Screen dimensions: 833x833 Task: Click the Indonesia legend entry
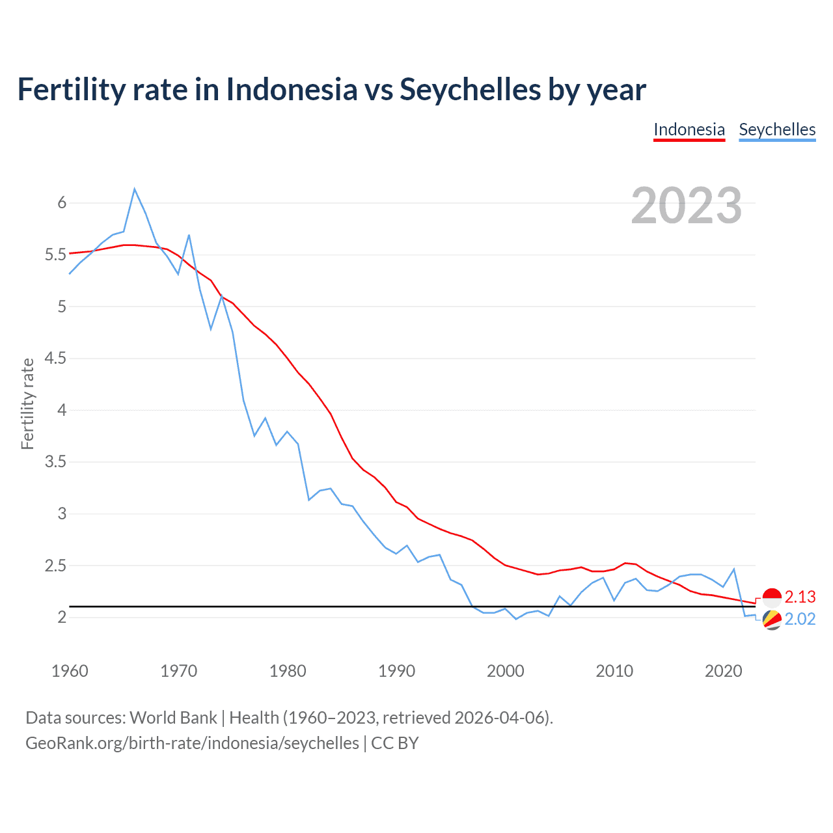(689, 130)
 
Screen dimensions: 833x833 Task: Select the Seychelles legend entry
(777, 130)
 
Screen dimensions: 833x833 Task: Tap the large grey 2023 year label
(687, 206)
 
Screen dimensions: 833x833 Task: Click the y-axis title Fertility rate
(27, 403)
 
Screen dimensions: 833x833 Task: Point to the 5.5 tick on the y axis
(55, 254)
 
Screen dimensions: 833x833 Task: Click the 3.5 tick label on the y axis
(55, 462)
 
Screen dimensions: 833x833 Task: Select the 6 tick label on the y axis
(62, 202)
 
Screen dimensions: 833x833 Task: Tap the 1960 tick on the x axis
(70, 671)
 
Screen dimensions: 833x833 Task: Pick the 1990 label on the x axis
(396, 671)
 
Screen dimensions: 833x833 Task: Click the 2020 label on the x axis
(723, 671)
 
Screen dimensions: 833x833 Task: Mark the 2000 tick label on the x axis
(505, 671)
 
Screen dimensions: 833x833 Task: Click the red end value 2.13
(800, 597)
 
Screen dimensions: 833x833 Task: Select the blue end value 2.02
(800, 619)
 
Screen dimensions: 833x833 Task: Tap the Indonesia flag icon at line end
(772, 597)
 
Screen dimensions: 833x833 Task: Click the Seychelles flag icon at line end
(772, 620)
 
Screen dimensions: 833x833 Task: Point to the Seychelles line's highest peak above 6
(135, 189)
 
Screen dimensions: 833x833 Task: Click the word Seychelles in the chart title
(470, 89)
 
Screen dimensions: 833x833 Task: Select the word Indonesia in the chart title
(292, 89)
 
